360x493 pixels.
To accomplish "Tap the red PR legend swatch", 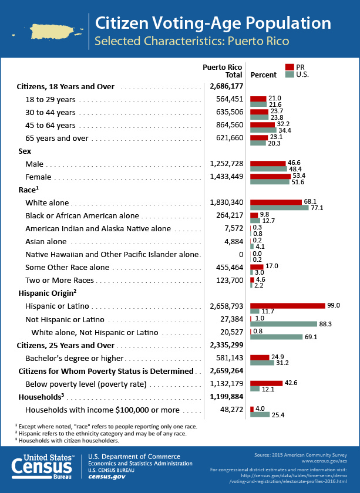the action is (290, 67).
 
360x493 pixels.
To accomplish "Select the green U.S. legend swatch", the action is (290, 75).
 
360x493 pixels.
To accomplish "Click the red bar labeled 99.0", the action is (288, 306).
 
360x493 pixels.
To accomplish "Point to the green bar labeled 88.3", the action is (284, 324).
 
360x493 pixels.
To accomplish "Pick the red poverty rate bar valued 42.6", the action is (266, 383).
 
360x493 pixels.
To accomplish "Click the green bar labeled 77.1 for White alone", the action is (280, 208).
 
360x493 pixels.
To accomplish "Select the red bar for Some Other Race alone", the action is (257, 267).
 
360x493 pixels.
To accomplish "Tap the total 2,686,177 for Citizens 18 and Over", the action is (227, 86).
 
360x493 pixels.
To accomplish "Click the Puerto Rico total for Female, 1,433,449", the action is (227, 177).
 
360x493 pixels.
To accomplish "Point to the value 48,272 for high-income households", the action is (231, 410).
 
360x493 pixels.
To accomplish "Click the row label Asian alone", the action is (46, 241).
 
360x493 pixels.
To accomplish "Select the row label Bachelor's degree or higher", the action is (75, 359).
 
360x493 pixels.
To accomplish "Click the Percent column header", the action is (263, 75).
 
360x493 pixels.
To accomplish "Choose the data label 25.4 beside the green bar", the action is (278, 415).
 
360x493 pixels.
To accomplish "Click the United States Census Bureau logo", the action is (42, 467).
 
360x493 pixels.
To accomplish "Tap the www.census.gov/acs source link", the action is (324, 461).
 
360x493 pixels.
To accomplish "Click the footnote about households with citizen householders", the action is (67, 441).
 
